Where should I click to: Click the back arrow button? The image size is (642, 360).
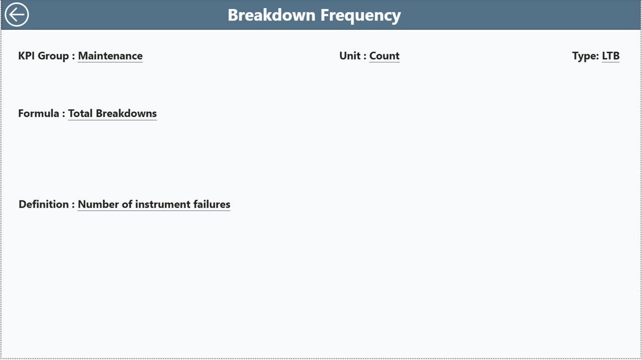pyautogui.click(x=17, y=15)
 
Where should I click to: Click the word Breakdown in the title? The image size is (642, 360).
pyautogui.click(x=272, y=15)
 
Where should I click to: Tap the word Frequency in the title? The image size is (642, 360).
pyautogui.click(x=361, y=16)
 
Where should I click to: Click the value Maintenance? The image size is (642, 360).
pyautogui.click(x=110, y=56)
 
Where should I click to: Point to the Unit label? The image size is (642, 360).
pyautogui.click(x=353, y=56)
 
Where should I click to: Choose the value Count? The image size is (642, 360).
pyautogui.click(x=384, y=56)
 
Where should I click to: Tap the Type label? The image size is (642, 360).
pyautogui.click(x=585, y=56)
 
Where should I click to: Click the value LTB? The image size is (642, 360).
pyautogui.click(x=610, y=56)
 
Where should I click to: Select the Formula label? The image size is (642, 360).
pyautogui.click(x=42, y=113)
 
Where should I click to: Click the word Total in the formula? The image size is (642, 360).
pyautogui.click(x=80, y=113)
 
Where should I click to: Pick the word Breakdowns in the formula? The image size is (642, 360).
pyautogui.click(x=126, y=113)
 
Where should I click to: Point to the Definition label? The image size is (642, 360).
pyautogui.click(x=47, y=204)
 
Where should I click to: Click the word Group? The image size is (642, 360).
pyautogui.click(x=53, y=56)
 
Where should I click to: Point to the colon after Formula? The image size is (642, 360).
pyautogui.click(x=64, y=114)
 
